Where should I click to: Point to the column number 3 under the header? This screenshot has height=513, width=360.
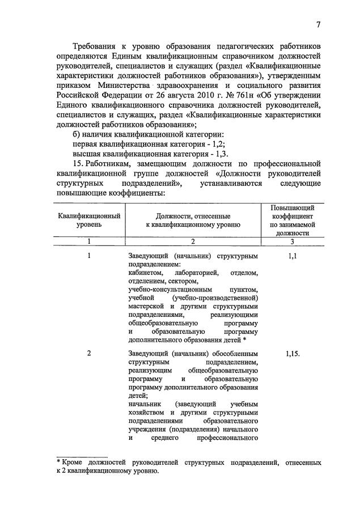pos(292,241)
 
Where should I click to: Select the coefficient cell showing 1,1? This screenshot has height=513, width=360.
pos(292,256)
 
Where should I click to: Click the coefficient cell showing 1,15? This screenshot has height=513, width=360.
pos(293,353)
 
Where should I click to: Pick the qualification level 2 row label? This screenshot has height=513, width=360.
pos(90,353)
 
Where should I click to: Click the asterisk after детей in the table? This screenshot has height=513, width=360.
pos(244,340)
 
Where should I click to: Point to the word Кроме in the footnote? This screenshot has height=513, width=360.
pos(74,463)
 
